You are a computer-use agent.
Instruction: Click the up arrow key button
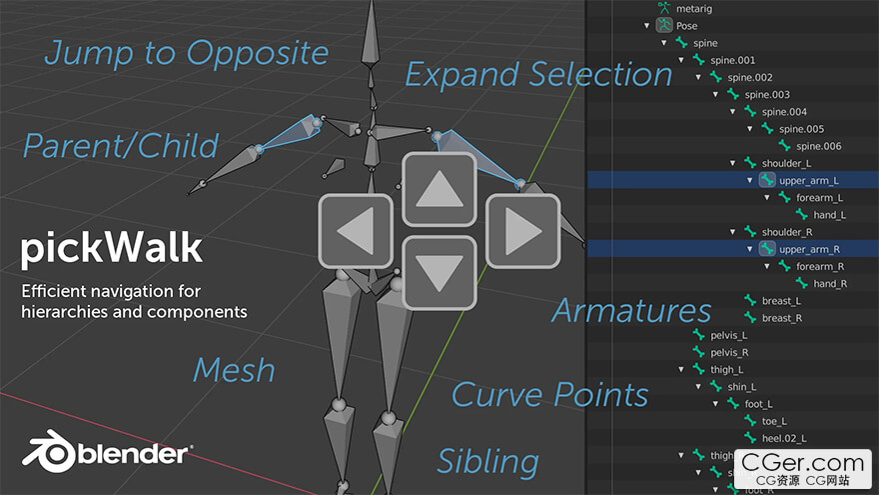pyautogui.click(x=439, y=189)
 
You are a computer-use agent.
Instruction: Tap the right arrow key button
pyautogui.click(x=523, y=231)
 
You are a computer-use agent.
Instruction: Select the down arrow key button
pyautogui.click(x=439, y=273)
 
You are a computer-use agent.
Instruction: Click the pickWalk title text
pyautogui.click(x=111, y=249)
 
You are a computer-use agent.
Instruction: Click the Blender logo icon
pyautogui.click(x=49, y=451)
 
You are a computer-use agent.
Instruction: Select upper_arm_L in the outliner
pyautogui.click(x=808, y=180)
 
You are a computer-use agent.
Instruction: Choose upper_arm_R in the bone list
pyautogui.click(x=809, y=249)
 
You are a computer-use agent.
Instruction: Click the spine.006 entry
pyautogui.click(x=818, y=146)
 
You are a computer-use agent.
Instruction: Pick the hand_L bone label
pyautogui.click(x=830, y=215)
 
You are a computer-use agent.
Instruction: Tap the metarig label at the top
pyautogui.click(x=694, y=8)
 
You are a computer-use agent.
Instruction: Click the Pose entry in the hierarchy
pyautogui.click(x=687, y=26)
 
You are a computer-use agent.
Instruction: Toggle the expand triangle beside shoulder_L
pyautogui.click(x=733, y=163)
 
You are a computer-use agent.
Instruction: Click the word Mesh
pyautogui.click(x=235, y=370)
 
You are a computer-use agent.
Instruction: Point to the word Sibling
pyautogui.click(x=487, y=462)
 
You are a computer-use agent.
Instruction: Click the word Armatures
pyautogui.click(x=631, y=310)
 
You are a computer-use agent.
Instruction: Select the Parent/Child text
pyautogui.click(x=121, y=146)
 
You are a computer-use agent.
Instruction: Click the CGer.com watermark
pyautogui.click(x=803, y=469)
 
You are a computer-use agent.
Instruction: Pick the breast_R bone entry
pyautogui.click(x=782, y=318)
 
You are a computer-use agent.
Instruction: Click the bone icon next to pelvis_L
pyautogui.click(x=698, y=335)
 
